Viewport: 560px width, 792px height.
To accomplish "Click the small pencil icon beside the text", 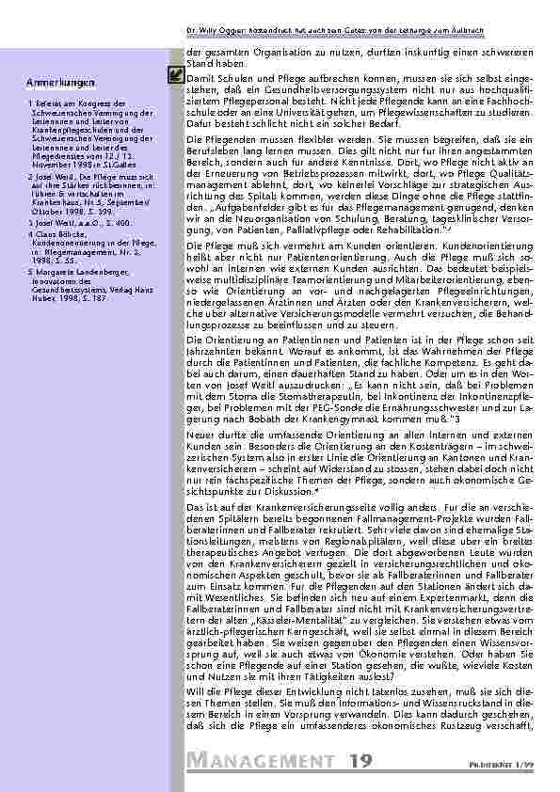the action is [x=174, y=71].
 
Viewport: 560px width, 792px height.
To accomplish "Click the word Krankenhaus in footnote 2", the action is [x=54, y=199].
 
